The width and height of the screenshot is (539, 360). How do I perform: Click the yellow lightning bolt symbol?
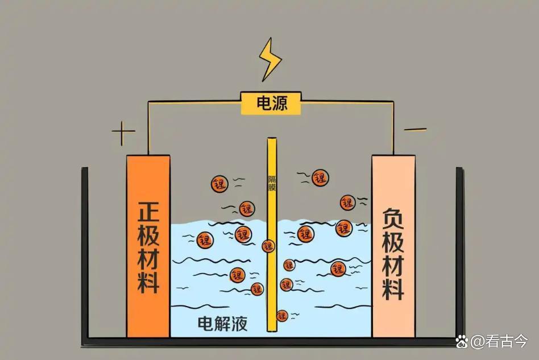[269, 59]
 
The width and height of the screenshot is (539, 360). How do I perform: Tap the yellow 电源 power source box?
[271, 104]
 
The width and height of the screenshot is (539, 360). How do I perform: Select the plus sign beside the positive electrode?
[123, 134]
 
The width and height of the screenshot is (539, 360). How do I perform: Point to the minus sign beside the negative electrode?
[415, 130]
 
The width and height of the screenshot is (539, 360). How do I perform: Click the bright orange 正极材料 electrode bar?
[148, 245]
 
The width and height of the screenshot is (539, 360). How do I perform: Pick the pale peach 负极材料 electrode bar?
[393, 245]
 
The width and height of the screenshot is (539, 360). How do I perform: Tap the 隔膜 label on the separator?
[272, 182]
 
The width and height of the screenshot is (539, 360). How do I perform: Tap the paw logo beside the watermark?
[462, 341]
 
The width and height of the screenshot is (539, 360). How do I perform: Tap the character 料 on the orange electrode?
[148, 280]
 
